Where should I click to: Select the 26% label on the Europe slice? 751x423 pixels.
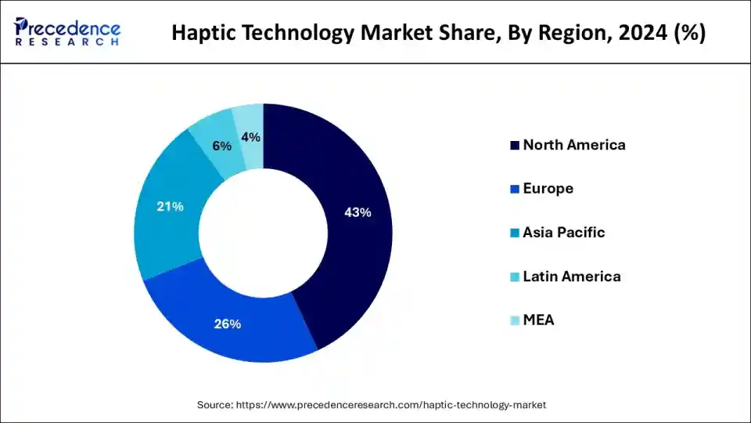pos(228,324)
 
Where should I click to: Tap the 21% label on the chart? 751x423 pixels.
pos(170,207)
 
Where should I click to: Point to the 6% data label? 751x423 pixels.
pos(221,146)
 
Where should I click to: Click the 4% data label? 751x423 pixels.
pos(250,137)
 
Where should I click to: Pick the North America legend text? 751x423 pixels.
pos(573,145)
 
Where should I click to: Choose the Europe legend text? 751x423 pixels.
pos(548,189)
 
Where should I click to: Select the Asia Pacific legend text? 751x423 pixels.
pos(563,233)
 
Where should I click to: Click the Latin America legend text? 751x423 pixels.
pos(571,277)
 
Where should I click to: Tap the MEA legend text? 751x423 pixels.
pos(538,320)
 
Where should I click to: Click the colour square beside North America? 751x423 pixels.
pos(514,146)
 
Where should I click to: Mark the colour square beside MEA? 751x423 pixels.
pos(514,321)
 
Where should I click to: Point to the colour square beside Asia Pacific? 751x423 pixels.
pos(514,233)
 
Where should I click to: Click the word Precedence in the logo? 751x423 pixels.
pos(69,27)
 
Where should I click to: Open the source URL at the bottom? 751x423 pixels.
pos(372,405)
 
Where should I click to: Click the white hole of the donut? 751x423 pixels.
pos(263,233)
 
